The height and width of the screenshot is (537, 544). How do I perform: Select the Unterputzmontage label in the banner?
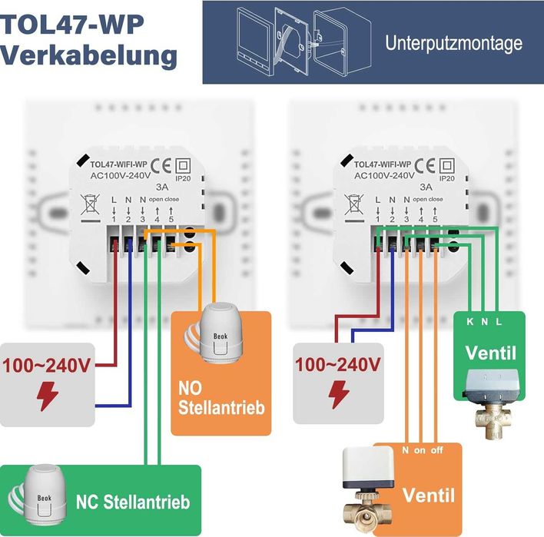(x=453, y=43)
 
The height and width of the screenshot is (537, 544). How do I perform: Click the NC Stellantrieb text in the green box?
(x=132, y=502)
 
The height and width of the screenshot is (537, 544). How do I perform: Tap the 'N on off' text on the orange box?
(x=421, y=451)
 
